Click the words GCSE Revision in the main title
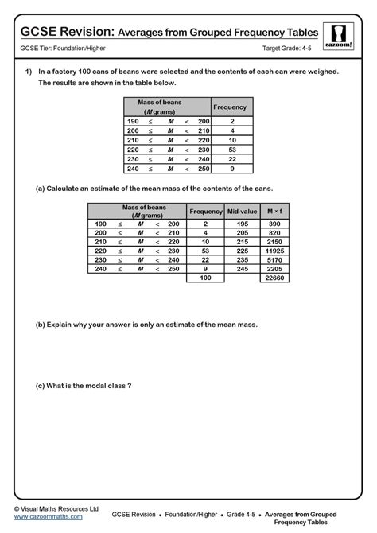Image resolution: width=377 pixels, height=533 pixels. point(68,32)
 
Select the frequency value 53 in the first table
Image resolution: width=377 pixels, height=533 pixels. point(232,149)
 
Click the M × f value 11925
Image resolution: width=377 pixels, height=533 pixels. point(274,250)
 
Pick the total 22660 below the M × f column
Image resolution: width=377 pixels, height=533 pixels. point(274,278)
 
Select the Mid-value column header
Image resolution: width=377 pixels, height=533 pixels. point(242,211)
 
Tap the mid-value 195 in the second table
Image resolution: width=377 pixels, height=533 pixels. point(242,225)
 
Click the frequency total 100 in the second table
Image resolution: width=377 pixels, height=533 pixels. point(205,278)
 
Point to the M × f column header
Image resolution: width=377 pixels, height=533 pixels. point(274,211)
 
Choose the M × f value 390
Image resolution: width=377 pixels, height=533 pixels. point(274,225)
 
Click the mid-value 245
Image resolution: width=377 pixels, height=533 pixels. point(242,269)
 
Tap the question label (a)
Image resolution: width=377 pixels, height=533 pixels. point(41,189)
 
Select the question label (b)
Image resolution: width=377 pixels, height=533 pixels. point(41,325)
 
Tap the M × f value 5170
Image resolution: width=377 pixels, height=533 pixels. point(274,259)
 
